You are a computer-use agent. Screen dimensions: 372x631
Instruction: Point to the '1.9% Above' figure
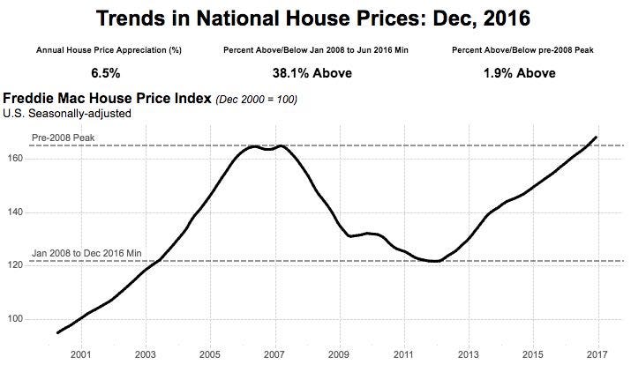pyautogui.click(x=518, y=73)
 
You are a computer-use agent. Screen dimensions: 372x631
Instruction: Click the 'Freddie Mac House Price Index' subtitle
pyautogui.click(x=108, y=99)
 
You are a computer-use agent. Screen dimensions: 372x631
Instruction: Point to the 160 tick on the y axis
pyautogui.click(x=18, y=159)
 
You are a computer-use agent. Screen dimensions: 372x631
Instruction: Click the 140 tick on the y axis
pyautogui.click(x=18, y=212)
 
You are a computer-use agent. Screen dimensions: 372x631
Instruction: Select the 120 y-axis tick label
pyautogui.click(x=18, y=265)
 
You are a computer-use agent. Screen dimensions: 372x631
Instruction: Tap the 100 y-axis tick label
pyautogui.click(x=18, y=319)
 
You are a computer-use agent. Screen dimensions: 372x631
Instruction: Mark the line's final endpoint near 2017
pyautogui.click(x=597, y=137)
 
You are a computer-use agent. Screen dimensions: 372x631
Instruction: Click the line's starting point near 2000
pyautogui.click(x=57, y=332)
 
